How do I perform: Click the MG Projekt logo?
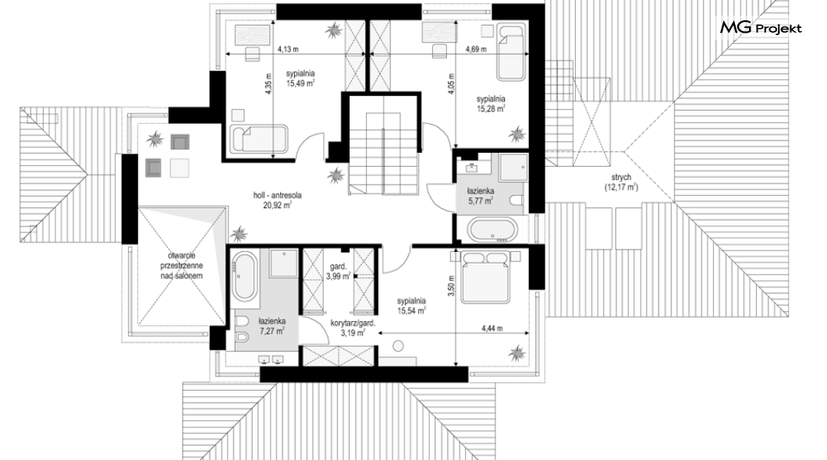(x=761, y=28)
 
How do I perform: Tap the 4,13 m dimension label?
(x=288, y=50)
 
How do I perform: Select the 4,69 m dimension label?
(x=475, y=50)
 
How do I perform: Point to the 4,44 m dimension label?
(x=492, y=328)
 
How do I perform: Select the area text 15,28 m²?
(x=491, y=108)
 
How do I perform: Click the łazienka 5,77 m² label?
(x=480, y=196)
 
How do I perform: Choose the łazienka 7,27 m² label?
(x=272, y=326)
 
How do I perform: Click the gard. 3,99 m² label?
(x=338, y=271)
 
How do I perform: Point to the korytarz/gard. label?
(x=353, y=324)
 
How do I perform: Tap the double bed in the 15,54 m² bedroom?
(x=486, y=277)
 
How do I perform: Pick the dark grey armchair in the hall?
(x=153, y=167)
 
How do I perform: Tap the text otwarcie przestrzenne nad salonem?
(x=182, y=266)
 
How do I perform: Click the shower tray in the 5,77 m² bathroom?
(x=513, y=168)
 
